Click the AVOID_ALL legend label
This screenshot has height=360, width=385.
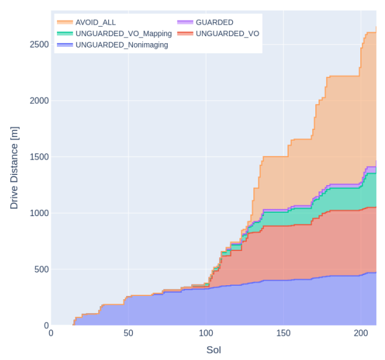(95, 22)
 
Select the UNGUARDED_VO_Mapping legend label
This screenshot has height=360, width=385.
(123, 34)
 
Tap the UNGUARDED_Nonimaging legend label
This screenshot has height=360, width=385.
(121, 45)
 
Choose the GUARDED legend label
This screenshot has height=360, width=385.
(215, 22)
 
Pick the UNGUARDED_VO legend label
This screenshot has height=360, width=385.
(227, 34)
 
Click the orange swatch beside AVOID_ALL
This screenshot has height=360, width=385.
(65, 22)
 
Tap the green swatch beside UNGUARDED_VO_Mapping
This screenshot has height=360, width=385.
(65, 34)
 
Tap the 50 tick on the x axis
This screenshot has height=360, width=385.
(128, 334)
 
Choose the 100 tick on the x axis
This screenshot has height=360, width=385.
(205, 334)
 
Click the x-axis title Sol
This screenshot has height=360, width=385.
(213, 350)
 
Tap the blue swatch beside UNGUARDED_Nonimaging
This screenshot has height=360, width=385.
(65, 45)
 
